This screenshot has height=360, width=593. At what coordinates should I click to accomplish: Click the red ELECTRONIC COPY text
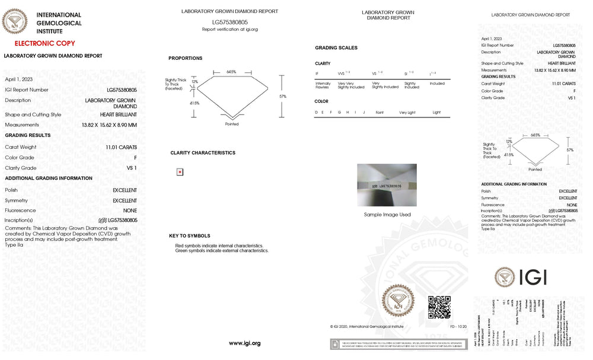coord(44,43)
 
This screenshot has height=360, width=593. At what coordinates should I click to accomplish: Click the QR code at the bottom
coord(439,307)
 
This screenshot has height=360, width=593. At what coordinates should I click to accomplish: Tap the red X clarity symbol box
coord(180,172)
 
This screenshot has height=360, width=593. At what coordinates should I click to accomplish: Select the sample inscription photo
coord(387,185)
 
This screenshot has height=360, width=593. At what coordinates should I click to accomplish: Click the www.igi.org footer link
coord(244,343)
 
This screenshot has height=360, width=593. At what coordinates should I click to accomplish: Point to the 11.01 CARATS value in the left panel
coord(122,147)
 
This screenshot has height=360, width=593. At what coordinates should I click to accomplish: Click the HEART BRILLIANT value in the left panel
coord(119,114)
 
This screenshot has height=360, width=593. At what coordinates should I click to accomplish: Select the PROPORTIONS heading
coord(185,58)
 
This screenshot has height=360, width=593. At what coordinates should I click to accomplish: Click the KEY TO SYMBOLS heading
coord(190,236)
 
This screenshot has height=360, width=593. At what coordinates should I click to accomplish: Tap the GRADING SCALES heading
coord(336,47)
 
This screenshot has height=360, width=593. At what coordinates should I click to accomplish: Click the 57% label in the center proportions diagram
coord(283,96)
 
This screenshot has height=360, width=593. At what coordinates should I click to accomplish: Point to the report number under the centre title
coord(229,22)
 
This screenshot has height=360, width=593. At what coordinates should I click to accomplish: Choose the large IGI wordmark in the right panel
coord(533,277)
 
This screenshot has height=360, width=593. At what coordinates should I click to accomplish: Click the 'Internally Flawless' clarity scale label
coord(323,85)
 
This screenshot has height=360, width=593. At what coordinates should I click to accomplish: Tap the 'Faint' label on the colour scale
coord(380,112)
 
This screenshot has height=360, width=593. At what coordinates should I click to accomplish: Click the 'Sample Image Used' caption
coord(387,215)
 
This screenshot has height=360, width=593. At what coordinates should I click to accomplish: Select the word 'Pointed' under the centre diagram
coord(232,125)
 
